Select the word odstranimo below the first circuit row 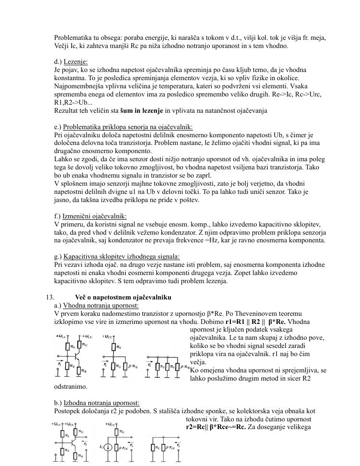pyautogui.click(x=71, y=386)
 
